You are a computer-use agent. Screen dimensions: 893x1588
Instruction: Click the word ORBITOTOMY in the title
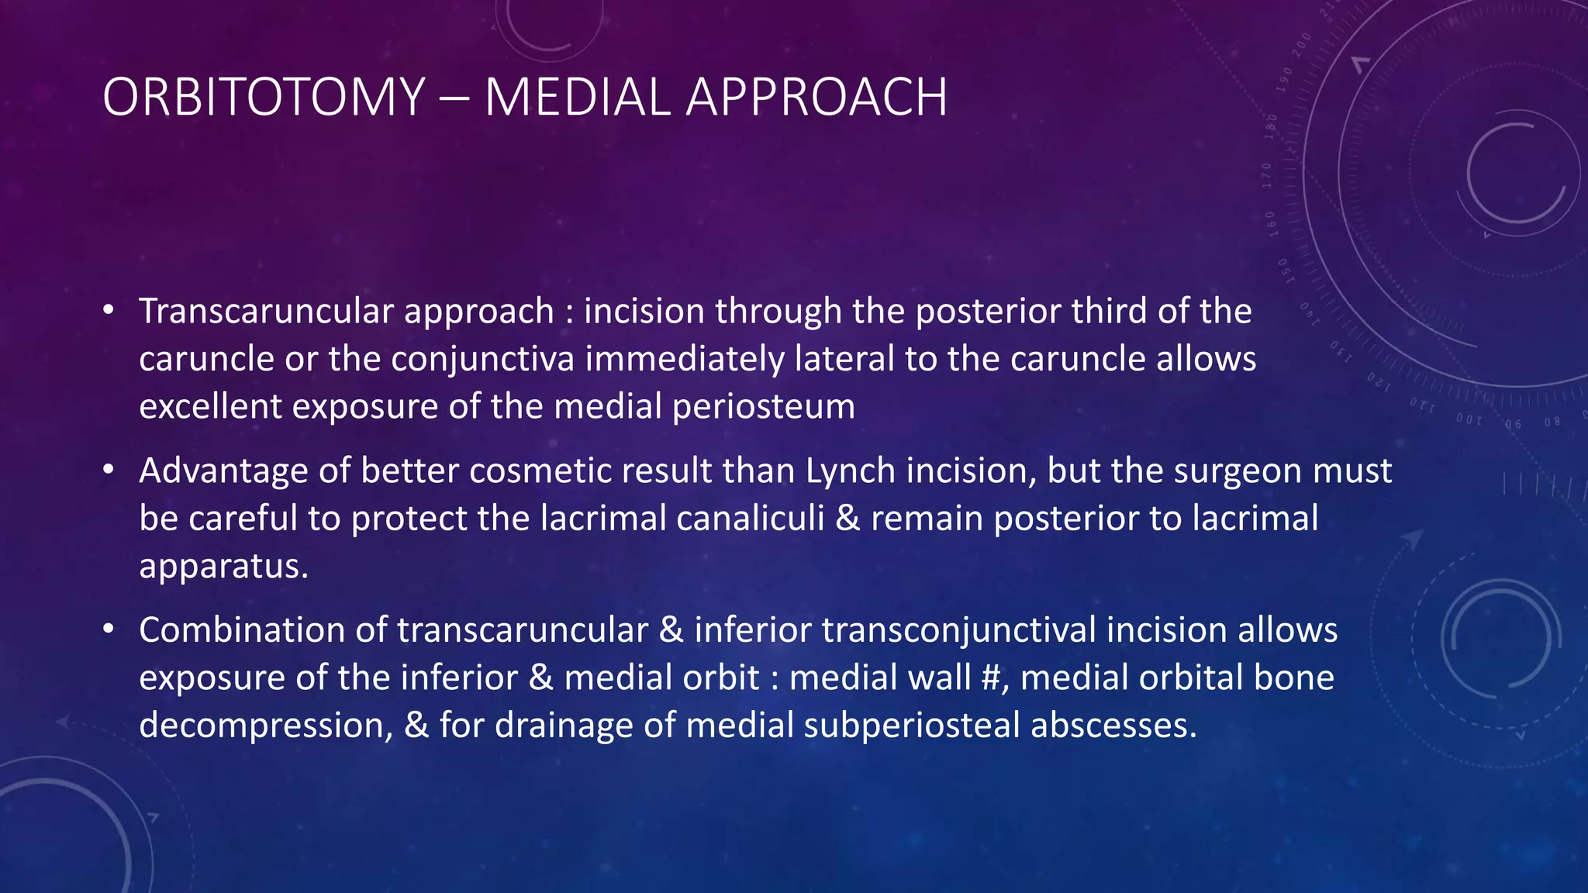264,98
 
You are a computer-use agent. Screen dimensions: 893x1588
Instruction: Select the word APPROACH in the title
816,98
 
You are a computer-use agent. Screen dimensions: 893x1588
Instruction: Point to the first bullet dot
109,312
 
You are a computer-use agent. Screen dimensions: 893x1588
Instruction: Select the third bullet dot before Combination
109,630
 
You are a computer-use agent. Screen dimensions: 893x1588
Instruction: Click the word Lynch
850,471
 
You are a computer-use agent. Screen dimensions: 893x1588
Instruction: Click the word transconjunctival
959,630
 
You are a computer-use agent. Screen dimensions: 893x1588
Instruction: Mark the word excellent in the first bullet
210,408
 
